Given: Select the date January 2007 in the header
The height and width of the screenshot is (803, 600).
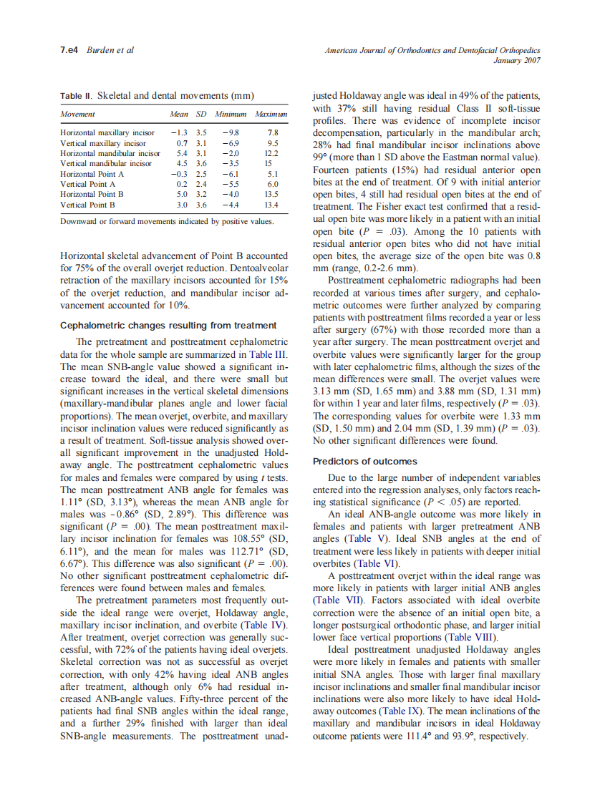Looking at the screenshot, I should (517, 60).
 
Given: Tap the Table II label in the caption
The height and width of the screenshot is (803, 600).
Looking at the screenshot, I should (76, 95).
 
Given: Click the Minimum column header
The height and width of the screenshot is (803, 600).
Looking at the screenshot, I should (230, 114).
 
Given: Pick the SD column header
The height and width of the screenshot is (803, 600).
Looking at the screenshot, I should (201, 114).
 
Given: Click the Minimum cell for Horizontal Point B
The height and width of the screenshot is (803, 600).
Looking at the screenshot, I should (230, 194).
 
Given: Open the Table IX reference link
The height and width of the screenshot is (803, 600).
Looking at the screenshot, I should (400, 711).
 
